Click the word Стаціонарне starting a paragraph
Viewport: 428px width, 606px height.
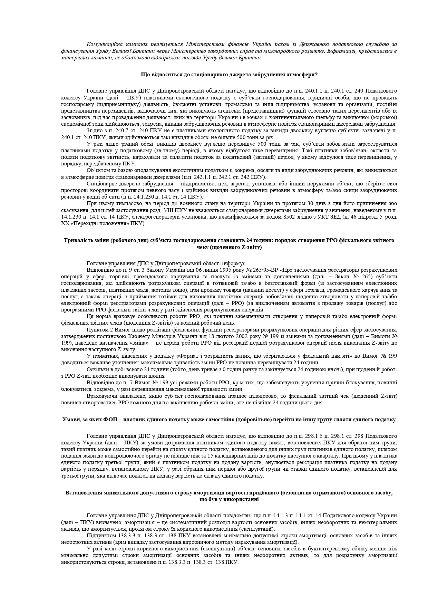point(101,184)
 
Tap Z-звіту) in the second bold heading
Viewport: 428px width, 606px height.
point(249,247)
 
